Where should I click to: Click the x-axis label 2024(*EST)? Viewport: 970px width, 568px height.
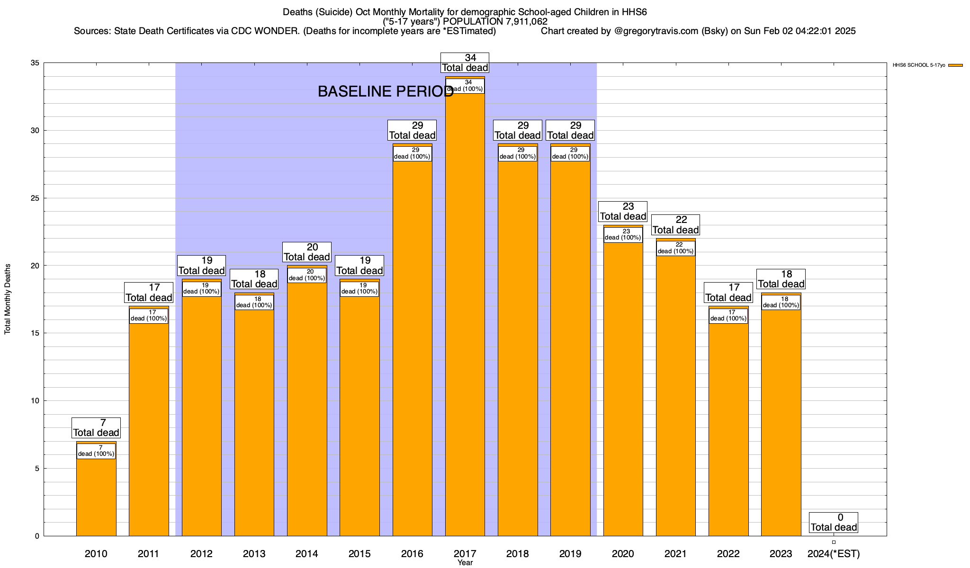[833, 553]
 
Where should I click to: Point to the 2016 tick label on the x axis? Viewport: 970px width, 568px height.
[412, 553]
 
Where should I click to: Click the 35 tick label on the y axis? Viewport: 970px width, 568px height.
[35, 63]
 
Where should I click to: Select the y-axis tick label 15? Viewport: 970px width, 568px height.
[35, 333]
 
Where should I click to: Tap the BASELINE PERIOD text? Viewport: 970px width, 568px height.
[386, 91]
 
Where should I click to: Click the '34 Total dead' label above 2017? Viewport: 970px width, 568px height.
[465, 63]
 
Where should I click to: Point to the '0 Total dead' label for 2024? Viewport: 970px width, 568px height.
[833, 523]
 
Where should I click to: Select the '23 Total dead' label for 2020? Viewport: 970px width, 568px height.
[623, 212]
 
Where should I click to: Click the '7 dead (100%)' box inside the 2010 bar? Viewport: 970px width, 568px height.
[96, 451]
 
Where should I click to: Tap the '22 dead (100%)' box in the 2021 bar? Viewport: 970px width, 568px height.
[675, 248]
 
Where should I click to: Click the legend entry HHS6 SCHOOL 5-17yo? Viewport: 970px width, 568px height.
[927, 65]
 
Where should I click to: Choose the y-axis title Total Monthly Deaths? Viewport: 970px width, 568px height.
[8, 299]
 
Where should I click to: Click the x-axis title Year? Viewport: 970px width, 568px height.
[465, 563]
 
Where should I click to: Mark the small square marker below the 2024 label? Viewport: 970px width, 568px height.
[834, 542]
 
